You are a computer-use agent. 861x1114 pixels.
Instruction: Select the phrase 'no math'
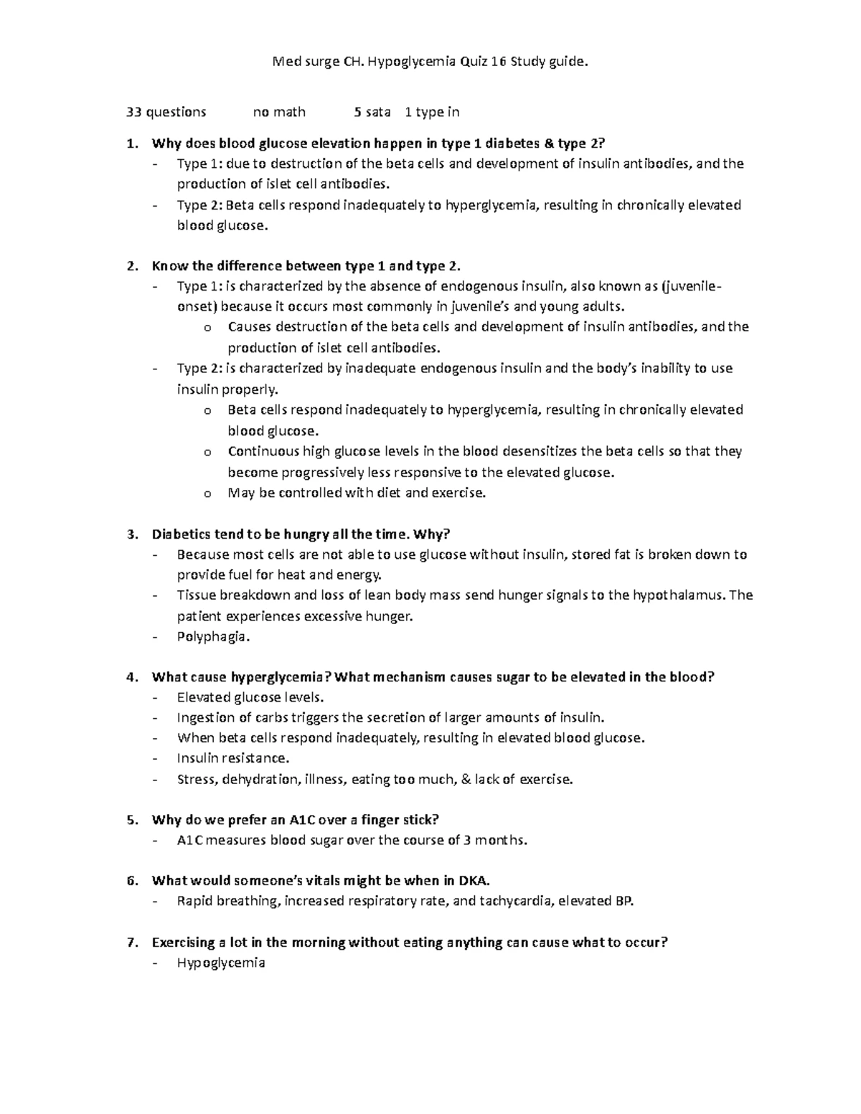click(279, 112)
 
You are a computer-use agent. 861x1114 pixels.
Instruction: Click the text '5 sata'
click(372, 112)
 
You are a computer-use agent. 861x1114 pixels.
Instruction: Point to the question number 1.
click(131, 143)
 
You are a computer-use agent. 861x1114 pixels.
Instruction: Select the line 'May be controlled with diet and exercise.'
click(357, 493)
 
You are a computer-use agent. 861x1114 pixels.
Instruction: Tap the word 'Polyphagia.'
click(213, 636)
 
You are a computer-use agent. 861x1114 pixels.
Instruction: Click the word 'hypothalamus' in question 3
click(678, 595)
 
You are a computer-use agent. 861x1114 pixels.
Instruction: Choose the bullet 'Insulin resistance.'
click(233, 758)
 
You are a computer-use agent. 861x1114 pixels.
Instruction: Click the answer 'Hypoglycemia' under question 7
click(221, 963)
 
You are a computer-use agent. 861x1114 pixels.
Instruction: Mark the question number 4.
click(131, 677)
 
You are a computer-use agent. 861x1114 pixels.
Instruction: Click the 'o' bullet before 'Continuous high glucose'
click(207, 453)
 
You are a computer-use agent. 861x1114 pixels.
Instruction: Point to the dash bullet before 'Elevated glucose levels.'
click(156, 698)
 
